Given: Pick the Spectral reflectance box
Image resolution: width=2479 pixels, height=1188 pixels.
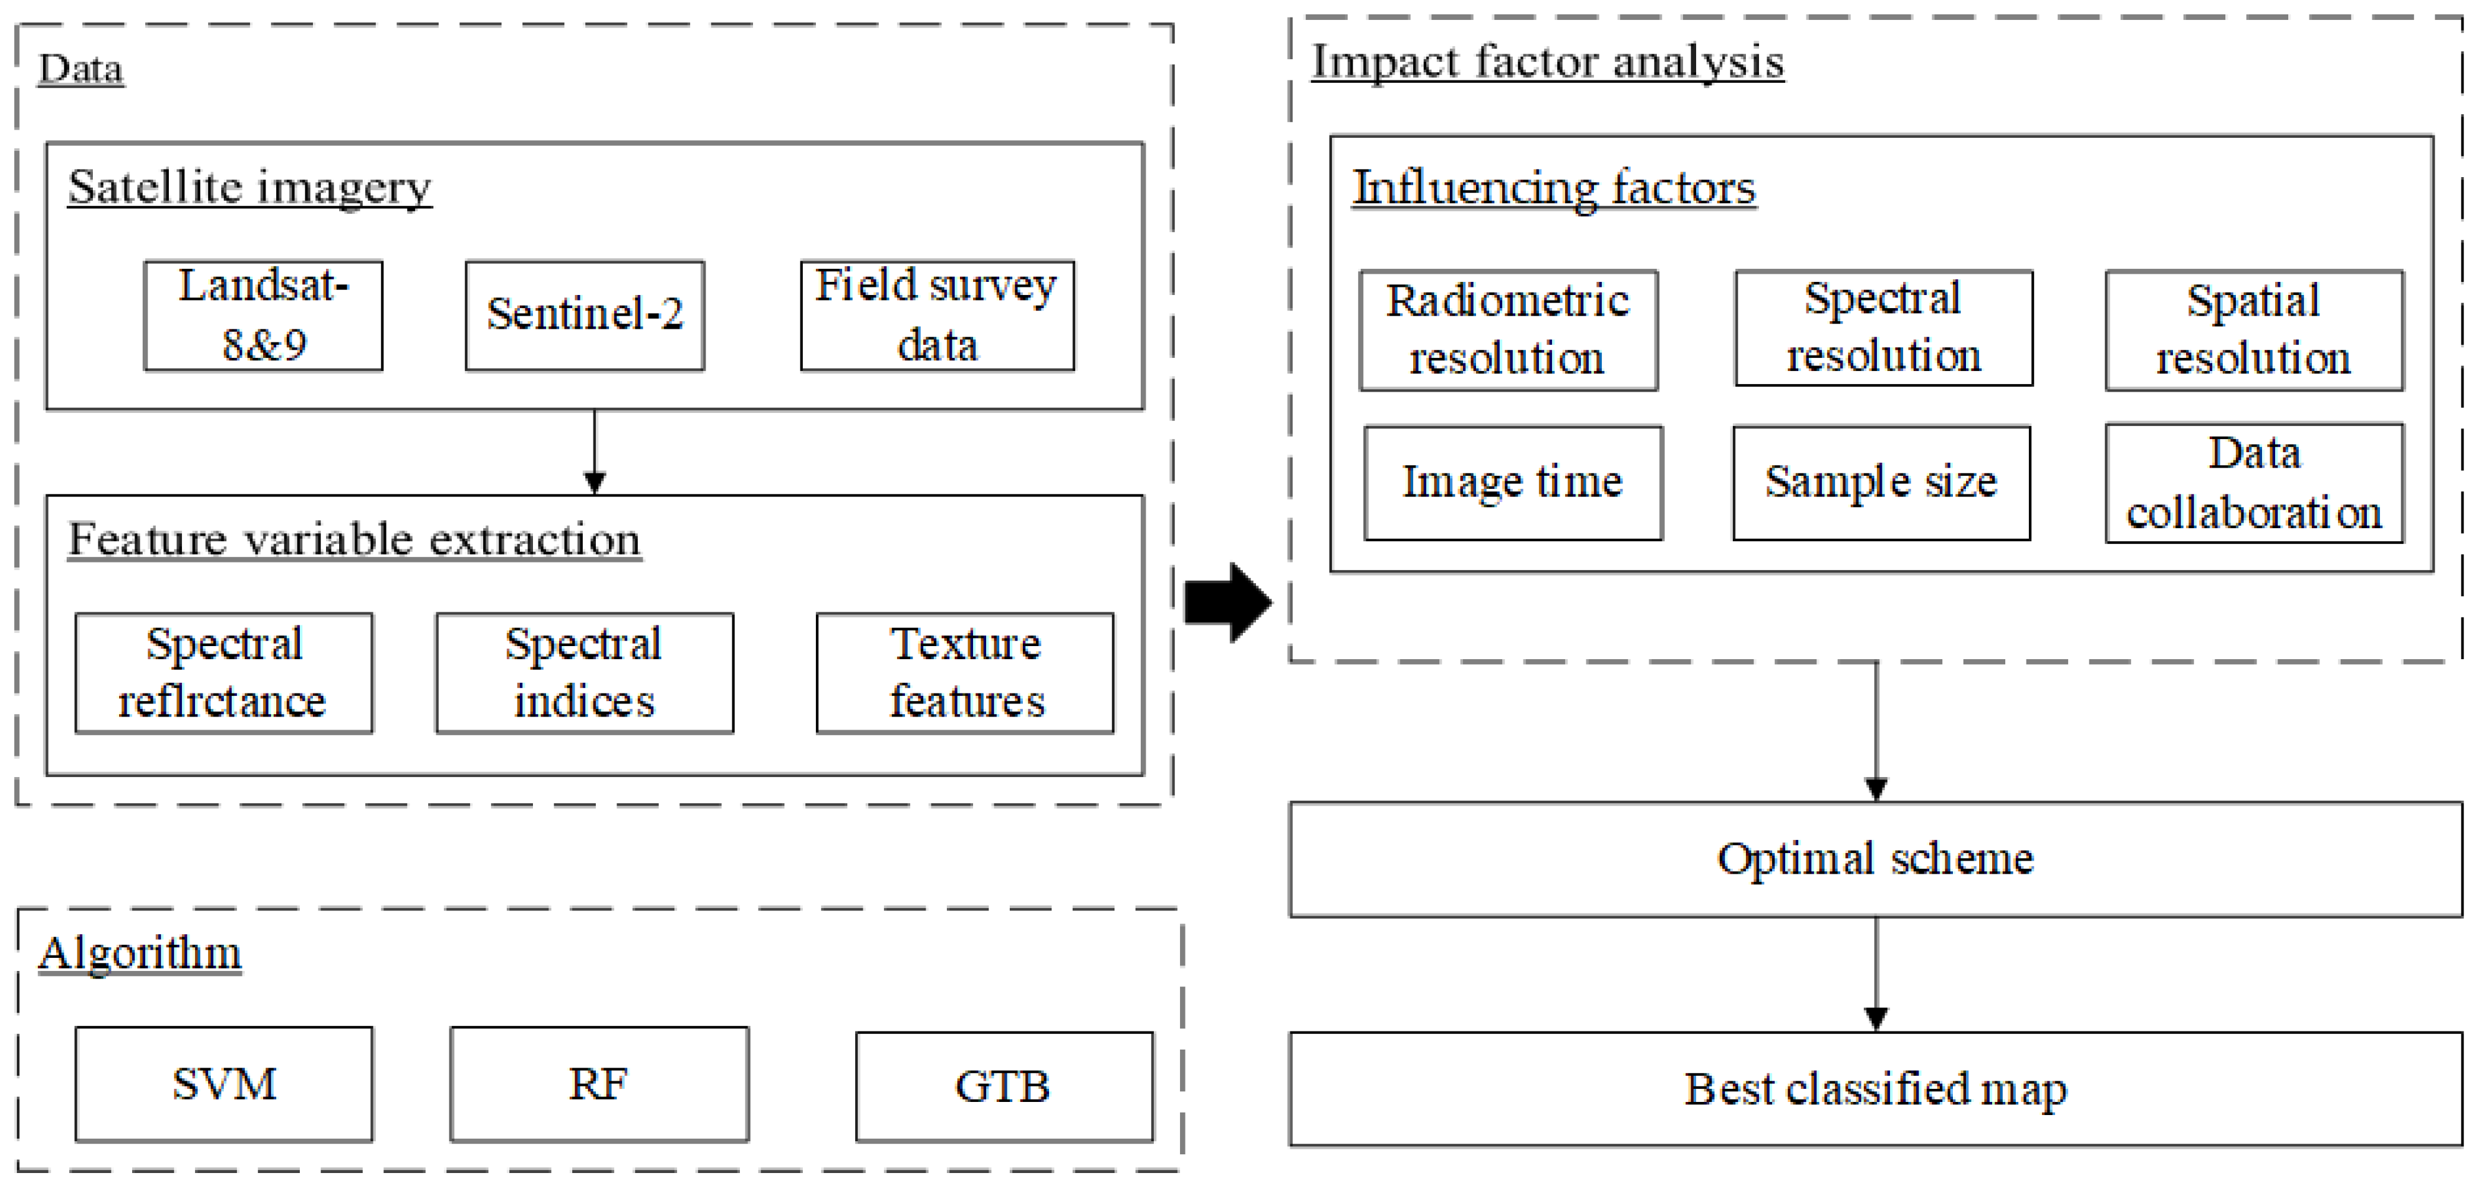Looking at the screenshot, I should (223, 672).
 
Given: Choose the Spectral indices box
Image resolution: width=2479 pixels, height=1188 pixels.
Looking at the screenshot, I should (584, 672).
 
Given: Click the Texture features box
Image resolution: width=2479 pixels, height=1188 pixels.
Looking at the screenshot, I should (964, 672).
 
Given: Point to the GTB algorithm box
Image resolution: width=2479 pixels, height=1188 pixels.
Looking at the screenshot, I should (1003, 1086).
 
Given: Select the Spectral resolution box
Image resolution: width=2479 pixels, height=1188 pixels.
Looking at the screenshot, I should (1882, 327).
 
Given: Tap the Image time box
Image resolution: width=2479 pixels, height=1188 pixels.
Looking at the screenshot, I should (1513, 482).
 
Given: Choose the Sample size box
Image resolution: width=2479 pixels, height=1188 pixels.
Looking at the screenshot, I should (1881, 482).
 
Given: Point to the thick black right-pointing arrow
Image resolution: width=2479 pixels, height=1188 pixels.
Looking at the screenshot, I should (1227, 602).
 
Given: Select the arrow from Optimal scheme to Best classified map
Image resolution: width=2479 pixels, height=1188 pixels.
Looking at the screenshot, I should (1876, 972).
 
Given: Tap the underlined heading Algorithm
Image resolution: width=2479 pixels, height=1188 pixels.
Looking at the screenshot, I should (140, 953).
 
